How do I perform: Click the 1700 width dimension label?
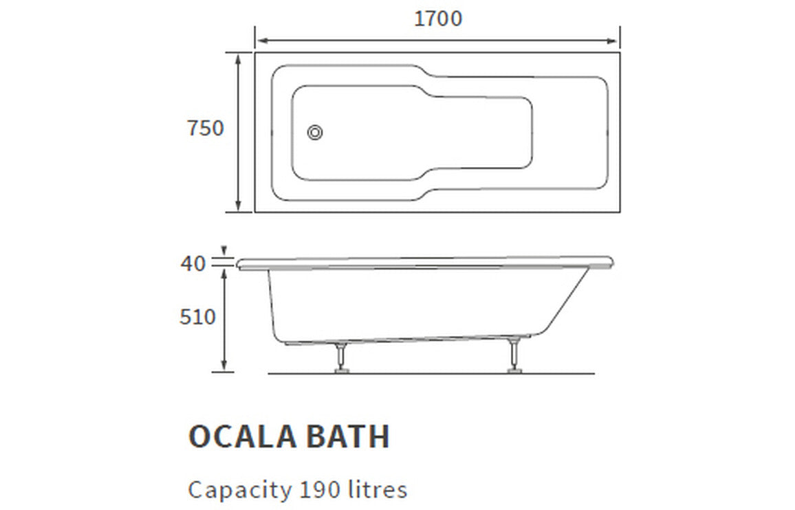437,18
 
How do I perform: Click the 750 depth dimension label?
206,129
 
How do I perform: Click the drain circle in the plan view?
315,133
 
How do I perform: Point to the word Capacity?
239,491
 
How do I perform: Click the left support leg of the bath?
340,355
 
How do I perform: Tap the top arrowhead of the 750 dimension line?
238,58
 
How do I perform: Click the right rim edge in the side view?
610,261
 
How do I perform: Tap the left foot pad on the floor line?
340,371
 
